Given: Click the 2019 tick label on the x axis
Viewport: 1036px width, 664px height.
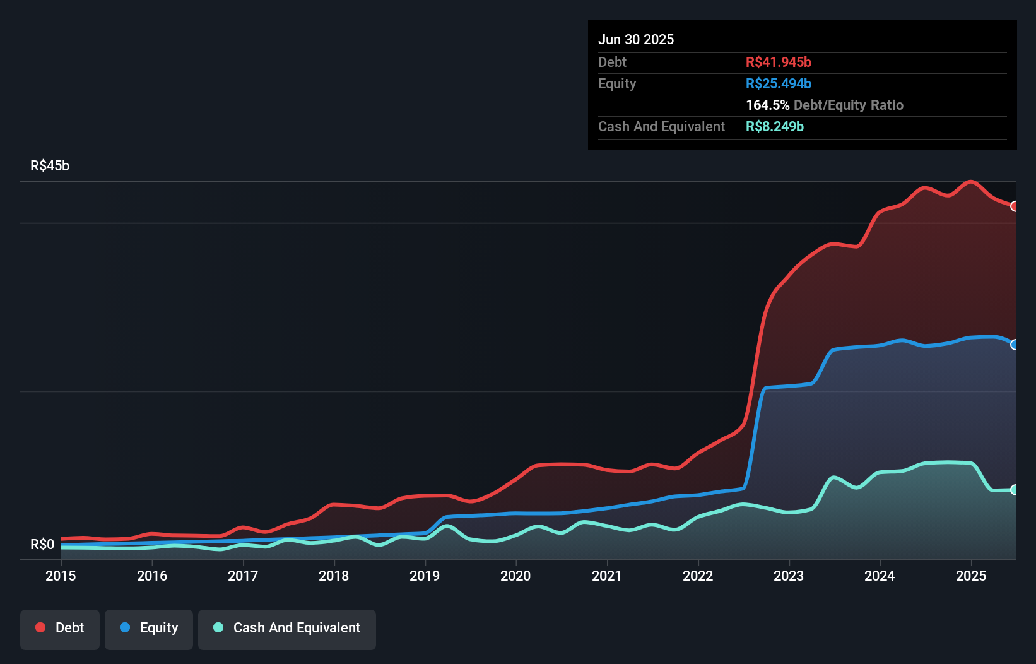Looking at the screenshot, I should (425, 576).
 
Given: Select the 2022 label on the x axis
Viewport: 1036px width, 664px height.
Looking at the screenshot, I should (698, 576).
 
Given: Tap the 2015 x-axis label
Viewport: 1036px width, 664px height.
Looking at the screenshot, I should (61, 576).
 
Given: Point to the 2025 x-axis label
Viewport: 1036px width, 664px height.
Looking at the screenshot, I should (970, 576).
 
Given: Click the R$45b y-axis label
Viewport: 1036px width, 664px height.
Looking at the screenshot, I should (50, 166).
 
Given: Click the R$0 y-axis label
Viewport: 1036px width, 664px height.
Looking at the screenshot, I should (42, 544).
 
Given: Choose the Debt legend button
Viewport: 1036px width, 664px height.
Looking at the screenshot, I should (60, 628).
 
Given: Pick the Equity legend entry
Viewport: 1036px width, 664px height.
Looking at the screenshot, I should (149, 628).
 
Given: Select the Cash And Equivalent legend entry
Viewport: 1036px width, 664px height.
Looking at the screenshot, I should (287, 628).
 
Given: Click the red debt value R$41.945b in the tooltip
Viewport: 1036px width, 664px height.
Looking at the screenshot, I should (778, 62).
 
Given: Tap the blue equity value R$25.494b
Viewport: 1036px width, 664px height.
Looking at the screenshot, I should (778, 84).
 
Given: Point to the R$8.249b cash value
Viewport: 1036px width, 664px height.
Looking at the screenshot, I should (774, 127).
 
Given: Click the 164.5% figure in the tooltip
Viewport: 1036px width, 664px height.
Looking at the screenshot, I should (767, 105).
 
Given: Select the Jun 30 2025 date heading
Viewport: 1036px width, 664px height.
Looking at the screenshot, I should (636, 39).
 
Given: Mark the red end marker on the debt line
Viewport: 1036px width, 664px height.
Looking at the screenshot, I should (1015, 206).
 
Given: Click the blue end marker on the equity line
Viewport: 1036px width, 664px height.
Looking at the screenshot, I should (1015, 345).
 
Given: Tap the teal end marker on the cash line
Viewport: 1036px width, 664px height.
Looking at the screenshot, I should (1015, 490).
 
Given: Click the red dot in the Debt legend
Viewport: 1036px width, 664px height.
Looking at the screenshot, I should (40, 627).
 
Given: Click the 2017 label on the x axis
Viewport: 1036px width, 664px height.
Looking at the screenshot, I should (243, 576).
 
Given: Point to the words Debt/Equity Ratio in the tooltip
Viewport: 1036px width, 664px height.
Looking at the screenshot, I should (849, 105).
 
